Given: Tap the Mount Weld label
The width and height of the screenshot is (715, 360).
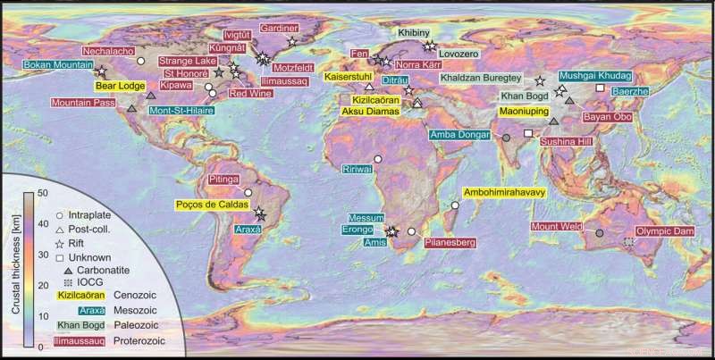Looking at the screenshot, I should pyautogui.click(x=559, y=226).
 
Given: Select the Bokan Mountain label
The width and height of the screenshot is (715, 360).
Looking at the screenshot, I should pyautogui.click(x=50, y=65).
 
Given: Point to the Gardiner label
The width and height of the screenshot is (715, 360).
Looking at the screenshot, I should pyautogui.click(x=278, y=28).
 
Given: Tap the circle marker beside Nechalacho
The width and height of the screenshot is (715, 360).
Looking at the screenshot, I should pyautogui.click(x=140, y=60).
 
